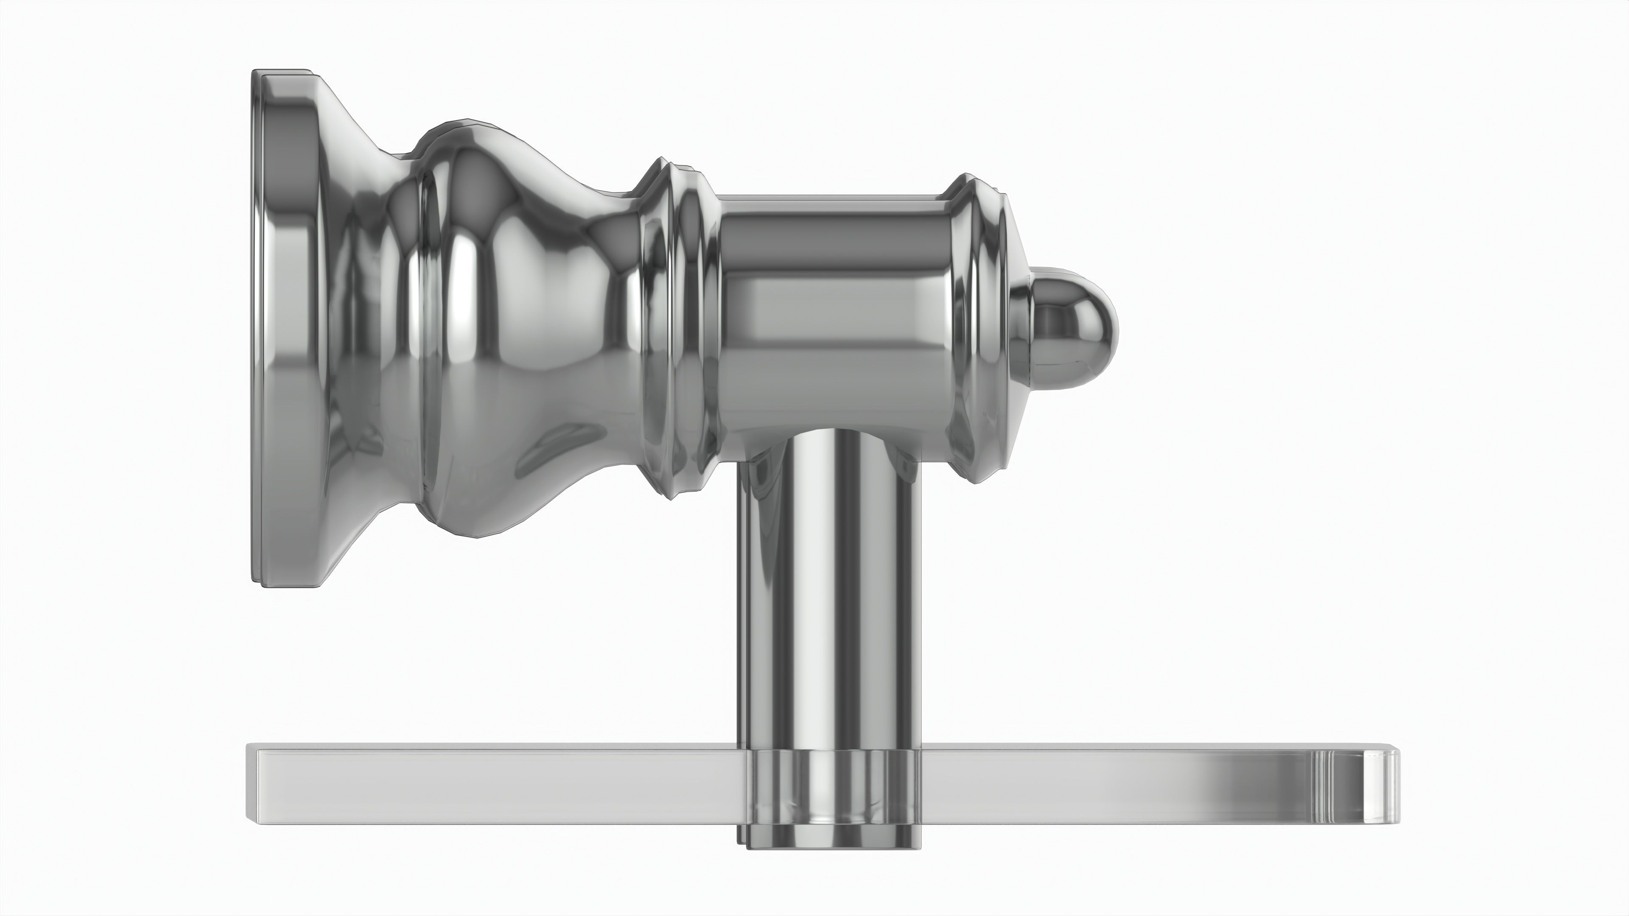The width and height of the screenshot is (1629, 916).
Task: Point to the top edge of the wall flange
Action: (x=285, y=73)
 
